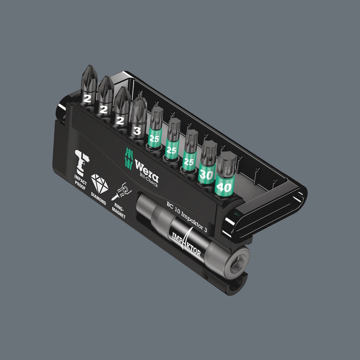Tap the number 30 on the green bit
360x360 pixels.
coord(206,175)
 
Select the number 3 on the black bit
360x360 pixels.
coord(137,131)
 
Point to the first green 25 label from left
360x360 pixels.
coord(154,139)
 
